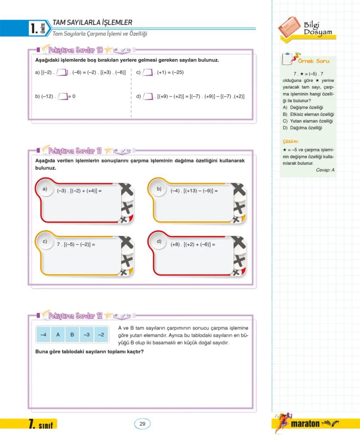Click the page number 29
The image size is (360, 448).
click(x=142, y=424)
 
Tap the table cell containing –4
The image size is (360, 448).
click(x=43, y=335)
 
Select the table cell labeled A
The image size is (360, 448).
click(x=58, y=335)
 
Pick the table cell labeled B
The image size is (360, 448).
click(x=72, y=335)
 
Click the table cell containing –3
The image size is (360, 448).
click(x=87, y=335)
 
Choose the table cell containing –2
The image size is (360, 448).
click(x=101, y=335)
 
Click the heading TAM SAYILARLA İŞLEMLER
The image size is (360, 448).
click(x=92, y=23)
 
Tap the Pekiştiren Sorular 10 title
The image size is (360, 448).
click(x=76, y=50)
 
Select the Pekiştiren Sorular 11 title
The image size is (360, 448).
click(x=75, y=151)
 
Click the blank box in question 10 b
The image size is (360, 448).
click(x=63, y=96)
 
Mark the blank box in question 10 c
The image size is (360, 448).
click(x=148, y=72)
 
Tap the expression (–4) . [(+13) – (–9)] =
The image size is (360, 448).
click(x=194, y=191)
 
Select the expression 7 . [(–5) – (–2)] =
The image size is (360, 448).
click(x=76, y=244)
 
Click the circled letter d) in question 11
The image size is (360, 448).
click(x=159, y=241)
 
